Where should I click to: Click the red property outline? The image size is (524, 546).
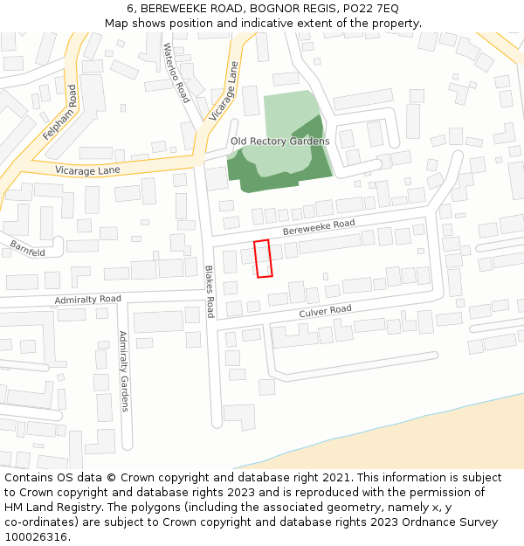263,259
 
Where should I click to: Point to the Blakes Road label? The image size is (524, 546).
210,292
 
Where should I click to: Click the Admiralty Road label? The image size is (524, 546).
87,300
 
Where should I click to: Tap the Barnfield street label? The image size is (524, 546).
28,248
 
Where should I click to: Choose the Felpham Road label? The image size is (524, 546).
60,113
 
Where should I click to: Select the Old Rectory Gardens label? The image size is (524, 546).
279,141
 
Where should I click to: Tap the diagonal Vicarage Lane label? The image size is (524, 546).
224,95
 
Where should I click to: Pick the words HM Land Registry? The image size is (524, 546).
46,507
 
